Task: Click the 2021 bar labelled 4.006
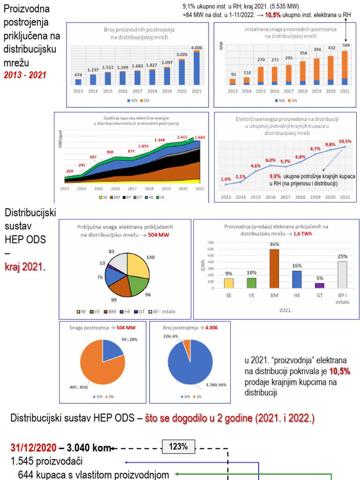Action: [x=196, y=68]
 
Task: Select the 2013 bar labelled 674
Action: [x=78, y=82]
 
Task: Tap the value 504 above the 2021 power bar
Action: [x=345, y=45]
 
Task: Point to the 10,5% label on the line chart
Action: [x=345, y=141]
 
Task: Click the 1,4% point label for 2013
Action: [x=225, y=180]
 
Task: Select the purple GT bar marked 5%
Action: [x=320, y=285]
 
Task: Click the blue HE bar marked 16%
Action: [x=297, y=279]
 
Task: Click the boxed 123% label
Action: [x=179, y=447]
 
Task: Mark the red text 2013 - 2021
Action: [x=25, y=75]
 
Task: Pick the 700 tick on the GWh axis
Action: [x=210, y=243]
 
